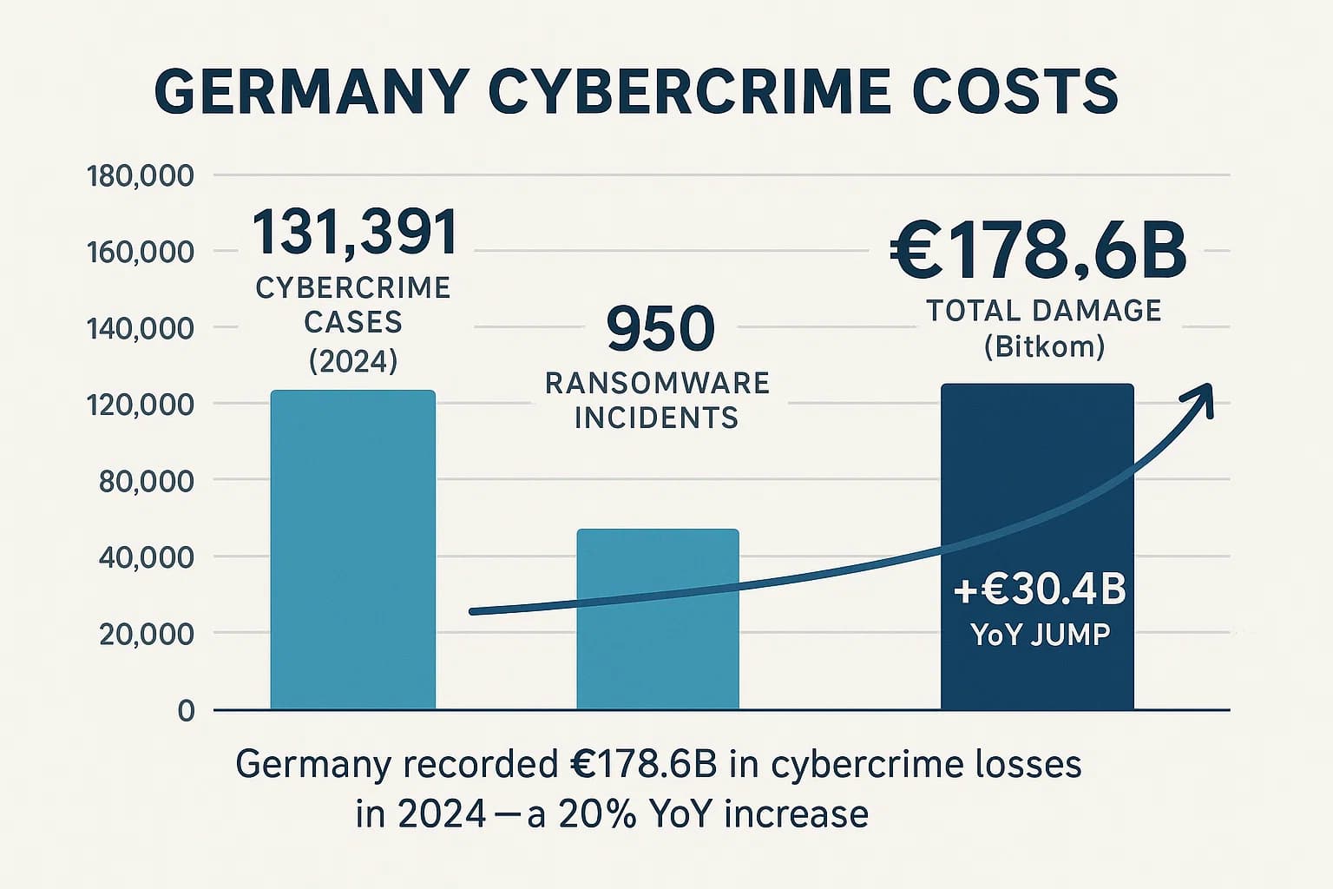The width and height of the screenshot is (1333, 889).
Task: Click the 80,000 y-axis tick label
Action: pos(146,481)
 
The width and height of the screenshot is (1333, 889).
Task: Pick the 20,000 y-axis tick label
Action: pos(146,634)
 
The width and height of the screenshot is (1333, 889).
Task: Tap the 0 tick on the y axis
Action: pos(186,711)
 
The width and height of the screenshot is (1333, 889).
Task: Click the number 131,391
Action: pos(354,233)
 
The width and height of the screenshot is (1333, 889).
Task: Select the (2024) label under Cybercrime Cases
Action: pos(353,359)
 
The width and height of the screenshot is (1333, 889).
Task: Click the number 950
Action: pos(660,329)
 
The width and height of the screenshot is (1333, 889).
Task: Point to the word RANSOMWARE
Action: pos(657,383)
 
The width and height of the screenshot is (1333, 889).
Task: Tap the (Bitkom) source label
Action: pos(1044,347)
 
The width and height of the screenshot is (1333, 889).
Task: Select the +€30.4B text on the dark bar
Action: pos(1039,590)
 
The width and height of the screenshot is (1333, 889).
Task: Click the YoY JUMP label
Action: pos(1040,635)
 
